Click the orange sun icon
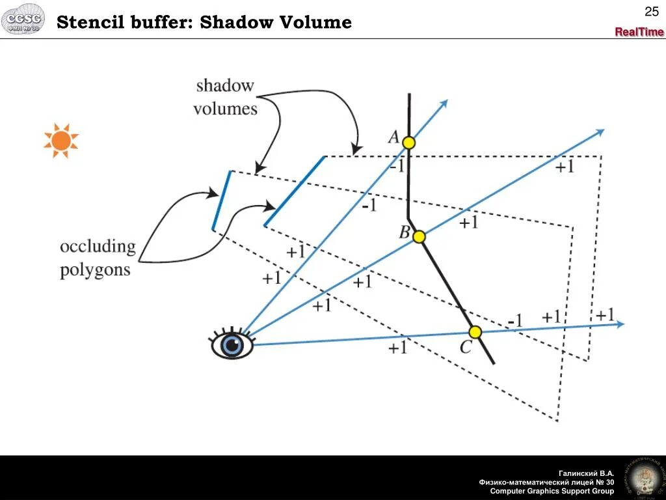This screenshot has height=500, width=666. pyautogui.click(x=61, y=141)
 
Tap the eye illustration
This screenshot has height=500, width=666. pyautogui.click(x=232, y=344)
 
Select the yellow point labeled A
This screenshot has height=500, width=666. pyautogui.click(x=408, y=142)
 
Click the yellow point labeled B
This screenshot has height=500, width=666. pyautogui.click(x=419, y=236)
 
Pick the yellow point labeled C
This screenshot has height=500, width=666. pyautogui.click(x=475, y=332)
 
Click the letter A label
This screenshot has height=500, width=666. pyautogui.click(x=394, y=137)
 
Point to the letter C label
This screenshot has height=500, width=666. pyautogui.click(x=466, y=348)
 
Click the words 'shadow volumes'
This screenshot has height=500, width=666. pyautogui.click(x=225, y=97)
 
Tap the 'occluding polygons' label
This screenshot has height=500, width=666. pyautogui.click(x=98, y=258)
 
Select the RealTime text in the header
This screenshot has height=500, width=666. pyautogui.click(x=639, y=32)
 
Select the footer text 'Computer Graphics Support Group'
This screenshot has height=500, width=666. pyautogui.click(x=552, y=491)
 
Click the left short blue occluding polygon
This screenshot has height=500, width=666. pyautogui.click(x=221, y=200)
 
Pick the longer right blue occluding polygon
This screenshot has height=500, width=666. pyautogui.click(x=295, y=191)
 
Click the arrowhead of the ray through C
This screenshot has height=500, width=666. pyautogui.click(x=620, y=324)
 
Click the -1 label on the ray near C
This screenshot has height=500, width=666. pyautogui.click(x=515, y=321)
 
